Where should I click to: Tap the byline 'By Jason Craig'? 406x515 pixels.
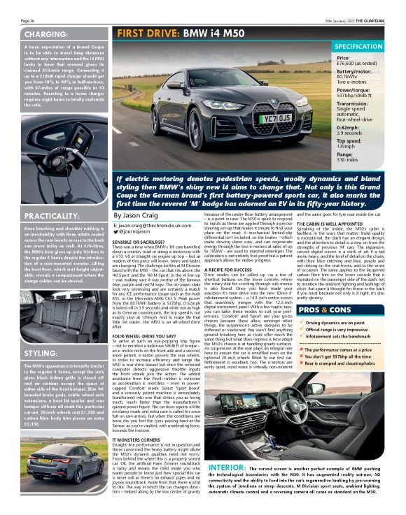(136, 217)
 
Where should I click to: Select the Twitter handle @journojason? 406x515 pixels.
(141, 231)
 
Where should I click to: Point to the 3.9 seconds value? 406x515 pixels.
(353, 133)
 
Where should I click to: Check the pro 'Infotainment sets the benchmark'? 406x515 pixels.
(339, 336)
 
